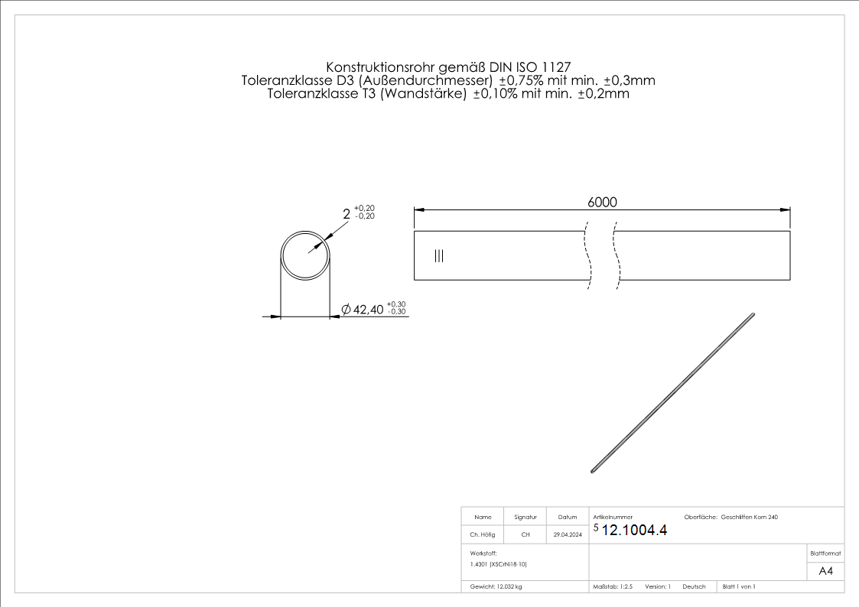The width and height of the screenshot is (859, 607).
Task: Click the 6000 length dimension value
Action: (x=602, y=202)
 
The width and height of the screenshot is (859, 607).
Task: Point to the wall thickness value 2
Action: (x=347, y=215)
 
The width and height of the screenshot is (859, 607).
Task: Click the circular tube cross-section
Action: (x=305, y=255)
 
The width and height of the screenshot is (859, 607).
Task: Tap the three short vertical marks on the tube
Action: (x=438, y=256)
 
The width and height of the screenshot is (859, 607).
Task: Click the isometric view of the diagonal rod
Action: (x=673, y=393)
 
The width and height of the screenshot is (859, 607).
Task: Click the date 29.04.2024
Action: (x=568, y=535)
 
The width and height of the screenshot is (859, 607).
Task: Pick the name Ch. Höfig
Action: (x=482, y=535)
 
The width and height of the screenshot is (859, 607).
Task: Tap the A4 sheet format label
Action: (x=825, y=571)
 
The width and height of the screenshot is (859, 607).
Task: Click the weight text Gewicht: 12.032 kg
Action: (x=496, y=586)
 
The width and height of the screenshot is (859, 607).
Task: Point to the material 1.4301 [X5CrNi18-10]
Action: (x=499, y=564)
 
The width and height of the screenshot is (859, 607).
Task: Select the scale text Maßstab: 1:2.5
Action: (x=613, y=586)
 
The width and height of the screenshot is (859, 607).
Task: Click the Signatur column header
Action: (x=525, y=518)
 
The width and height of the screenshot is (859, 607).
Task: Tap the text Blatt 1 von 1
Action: (x=739, y=586)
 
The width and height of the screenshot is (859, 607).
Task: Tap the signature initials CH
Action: (x=525, y=535)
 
